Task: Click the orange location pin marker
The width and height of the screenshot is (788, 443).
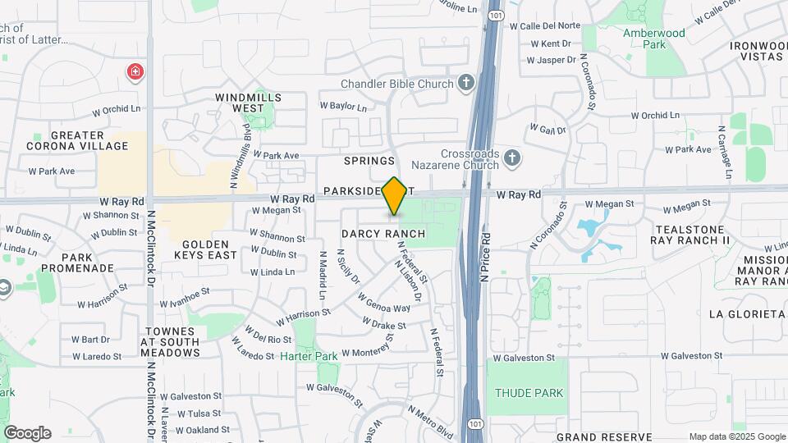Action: tap(395, 196)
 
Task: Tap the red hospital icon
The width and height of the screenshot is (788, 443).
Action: tap(134, 73)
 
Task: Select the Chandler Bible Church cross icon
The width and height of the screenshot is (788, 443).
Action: tap(466, 83)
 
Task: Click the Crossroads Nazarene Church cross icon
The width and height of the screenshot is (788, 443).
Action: tap(512, 157)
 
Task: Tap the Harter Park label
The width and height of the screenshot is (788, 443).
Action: tap(309, 357)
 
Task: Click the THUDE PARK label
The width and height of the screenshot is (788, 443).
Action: tap(529, 393)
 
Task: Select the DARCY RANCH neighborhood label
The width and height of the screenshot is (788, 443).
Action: tap(383, 234)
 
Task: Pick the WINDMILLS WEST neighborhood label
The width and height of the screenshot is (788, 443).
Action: tap(248, 103)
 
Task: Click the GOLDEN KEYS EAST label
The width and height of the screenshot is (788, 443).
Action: tap(209, 249)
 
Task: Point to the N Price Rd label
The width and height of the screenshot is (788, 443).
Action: tap(485, 258)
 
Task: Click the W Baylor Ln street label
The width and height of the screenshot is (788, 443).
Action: tap(342, 106)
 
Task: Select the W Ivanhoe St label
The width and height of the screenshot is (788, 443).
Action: tap(186, 291)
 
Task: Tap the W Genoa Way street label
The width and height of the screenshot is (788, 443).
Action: tap(389, 308)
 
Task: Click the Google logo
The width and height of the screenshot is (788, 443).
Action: tap(27, 433)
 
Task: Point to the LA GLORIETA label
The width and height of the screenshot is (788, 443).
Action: tap(746, 313)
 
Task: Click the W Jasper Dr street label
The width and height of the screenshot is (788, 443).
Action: tap(552, 60)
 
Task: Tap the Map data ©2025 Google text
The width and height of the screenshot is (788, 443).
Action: tap(736, 436)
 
